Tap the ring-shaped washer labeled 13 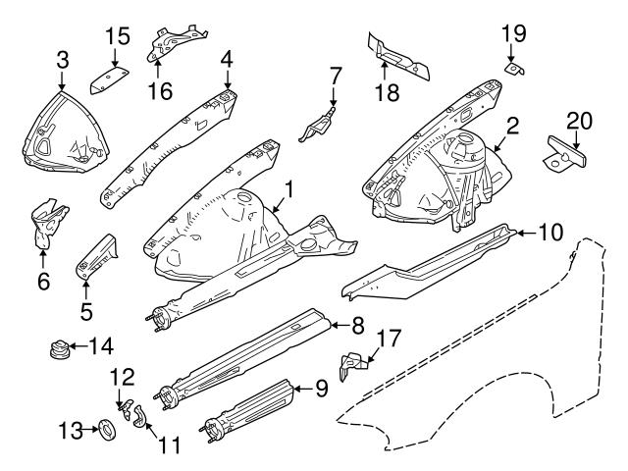pos(104,428)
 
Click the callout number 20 pos(580,121)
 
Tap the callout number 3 pos(63,61)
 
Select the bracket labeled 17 pos(352,365)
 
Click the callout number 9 pos(321,388)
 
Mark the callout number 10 pos(551,233)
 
